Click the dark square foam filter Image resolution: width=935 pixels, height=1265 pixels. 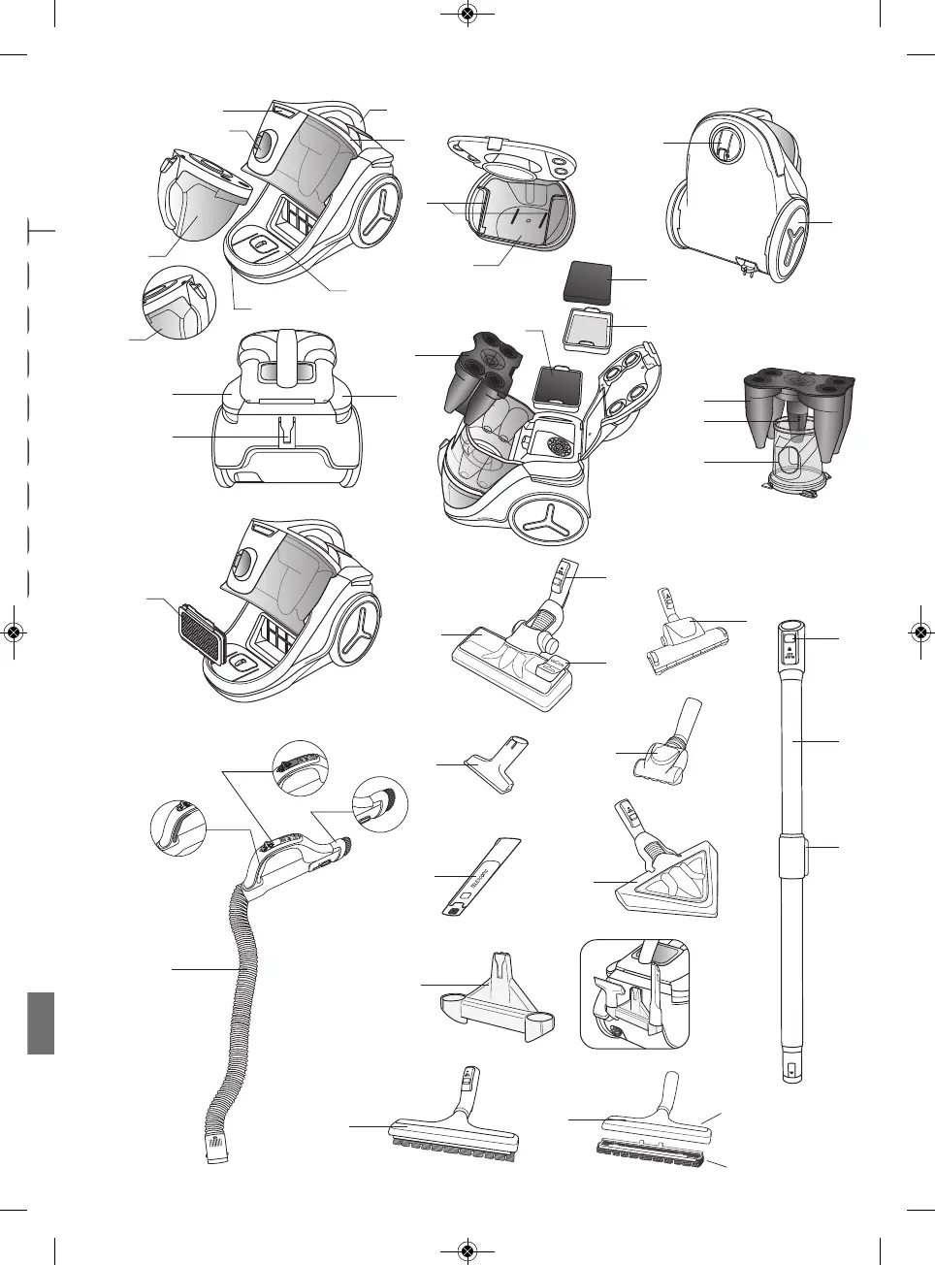588,280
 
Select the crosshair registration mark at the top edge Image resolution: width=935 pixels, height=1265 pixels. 467,14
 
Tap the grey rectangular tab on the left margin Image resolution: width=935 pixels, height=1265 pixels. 40,1022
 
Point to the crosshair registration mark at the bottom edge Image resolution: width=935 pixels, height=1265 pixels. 467,1251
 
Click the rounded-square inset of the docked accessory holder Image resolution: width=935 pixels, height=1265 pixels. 635,993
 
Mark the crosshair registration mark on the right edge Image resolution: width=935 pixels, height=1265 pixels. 921,632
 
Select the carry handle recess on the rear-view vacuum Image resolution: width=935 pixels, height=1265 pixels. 724,145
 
